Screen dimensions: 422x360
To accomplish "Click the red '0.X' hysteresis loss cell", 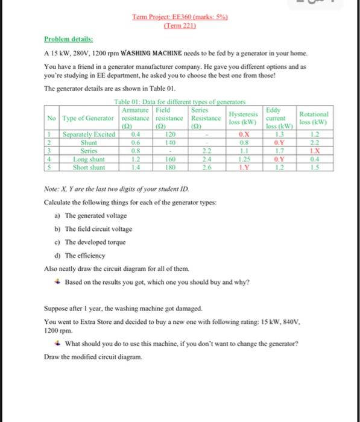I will [244, 134].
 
